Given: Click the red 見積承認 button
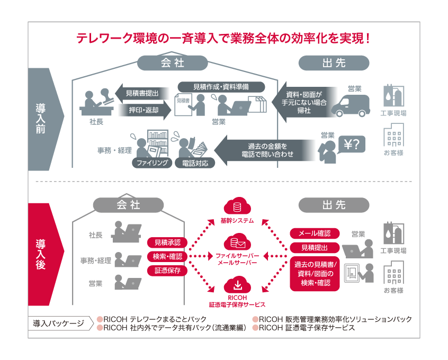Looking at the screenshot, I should [167, 242].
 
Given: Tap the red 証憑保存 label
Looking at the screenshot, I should [167, 271].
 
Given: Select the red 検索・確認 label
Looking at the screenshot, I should [167, 257].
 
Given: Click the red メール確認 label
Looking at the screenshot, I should [315, 233].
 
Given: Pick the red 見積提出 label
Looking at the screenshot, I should [315, 247].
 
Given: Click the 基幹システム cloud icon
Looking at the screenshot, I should [237, 206].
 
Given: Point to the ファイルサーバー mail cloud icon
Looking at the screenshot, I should [237, 244].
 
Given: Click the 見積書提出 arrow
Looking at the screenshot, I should [141, 93].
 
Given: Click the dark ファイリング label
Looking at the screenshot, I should [153, 163].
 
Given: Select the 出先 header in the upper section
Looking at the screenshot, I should [334, 63].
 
